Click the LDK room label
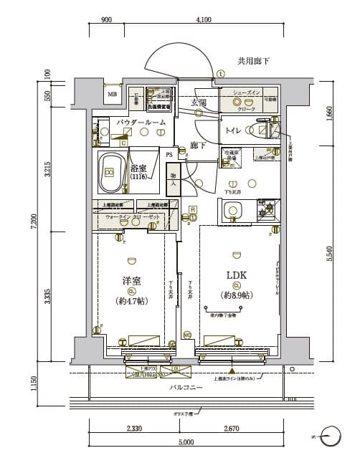click(x=236, y=276)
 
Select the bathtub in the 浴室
click(x=110, y=172)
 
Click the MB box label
click(x=112, y=94)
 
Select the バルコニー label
click(x=185, y=388)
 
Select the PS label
click(x=169, y=154)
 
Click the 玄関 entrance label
click(x=198, y=103)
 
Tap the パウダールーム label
click(x=141, y=123)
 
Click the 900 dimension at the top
click(x=106, y=20)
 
